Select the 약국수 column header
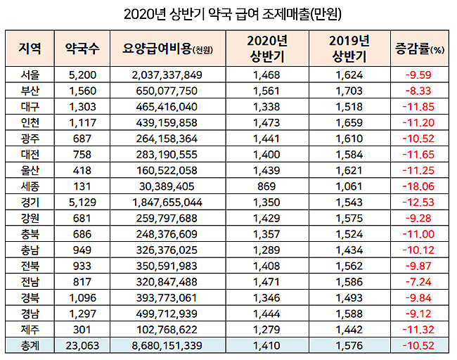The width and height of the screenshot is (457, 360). [x=82, y=49]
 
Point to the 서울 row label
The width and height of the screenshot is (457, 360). [x=31, y=74]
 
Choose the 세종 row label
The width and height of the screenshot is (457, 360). [x=31, y=185]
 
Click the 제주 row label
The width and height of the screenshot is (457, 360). [x=31, y=328]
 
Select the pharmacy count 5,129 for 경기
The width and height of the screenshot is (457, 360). [x=82, y=201]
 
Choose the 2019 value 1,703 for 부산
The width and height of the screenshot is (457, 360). [x=349, y=90]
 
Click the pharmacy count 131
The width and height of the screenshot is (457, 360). [x=82, y=185]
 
